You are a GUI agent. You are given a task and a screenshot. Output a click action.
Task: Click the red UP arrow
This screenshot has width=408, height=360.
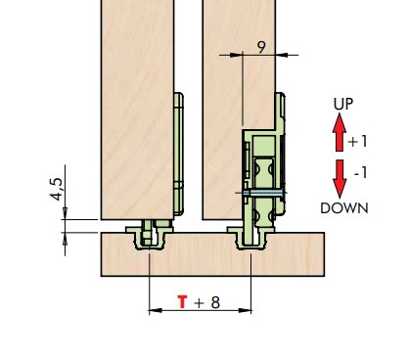(340, 132)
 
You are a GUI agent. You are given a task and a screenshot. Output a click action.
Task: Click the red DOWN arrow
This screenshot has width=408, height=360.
(340, 179)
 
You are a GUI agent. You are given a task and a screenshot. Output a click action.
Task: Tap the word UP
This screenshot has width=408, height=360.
(343, 104)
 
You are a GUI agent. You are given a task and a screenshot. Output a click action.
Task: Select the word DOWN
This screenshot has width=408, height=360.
(344, 208)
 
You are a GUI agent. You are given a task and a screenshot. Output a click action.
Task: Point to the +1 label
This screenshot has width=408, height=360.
(358, 142)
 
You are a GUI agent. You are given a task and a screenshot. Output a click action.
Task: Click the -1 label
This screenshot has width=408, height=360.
(361, 172)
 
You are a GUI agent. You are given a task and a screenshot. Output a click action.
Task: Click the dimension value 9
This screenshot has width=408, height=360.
(261, 47)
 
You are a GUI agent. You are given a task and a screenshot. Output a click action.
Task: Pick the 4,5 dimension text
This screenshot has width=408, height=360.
(56, 189)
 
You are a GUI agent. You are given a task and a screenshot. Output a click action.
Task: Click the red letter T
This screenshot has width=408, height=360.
(183, 302)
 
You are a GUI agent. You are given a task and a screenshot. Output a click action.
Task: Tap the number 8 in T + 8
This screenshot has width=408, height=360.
(215, 302)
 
